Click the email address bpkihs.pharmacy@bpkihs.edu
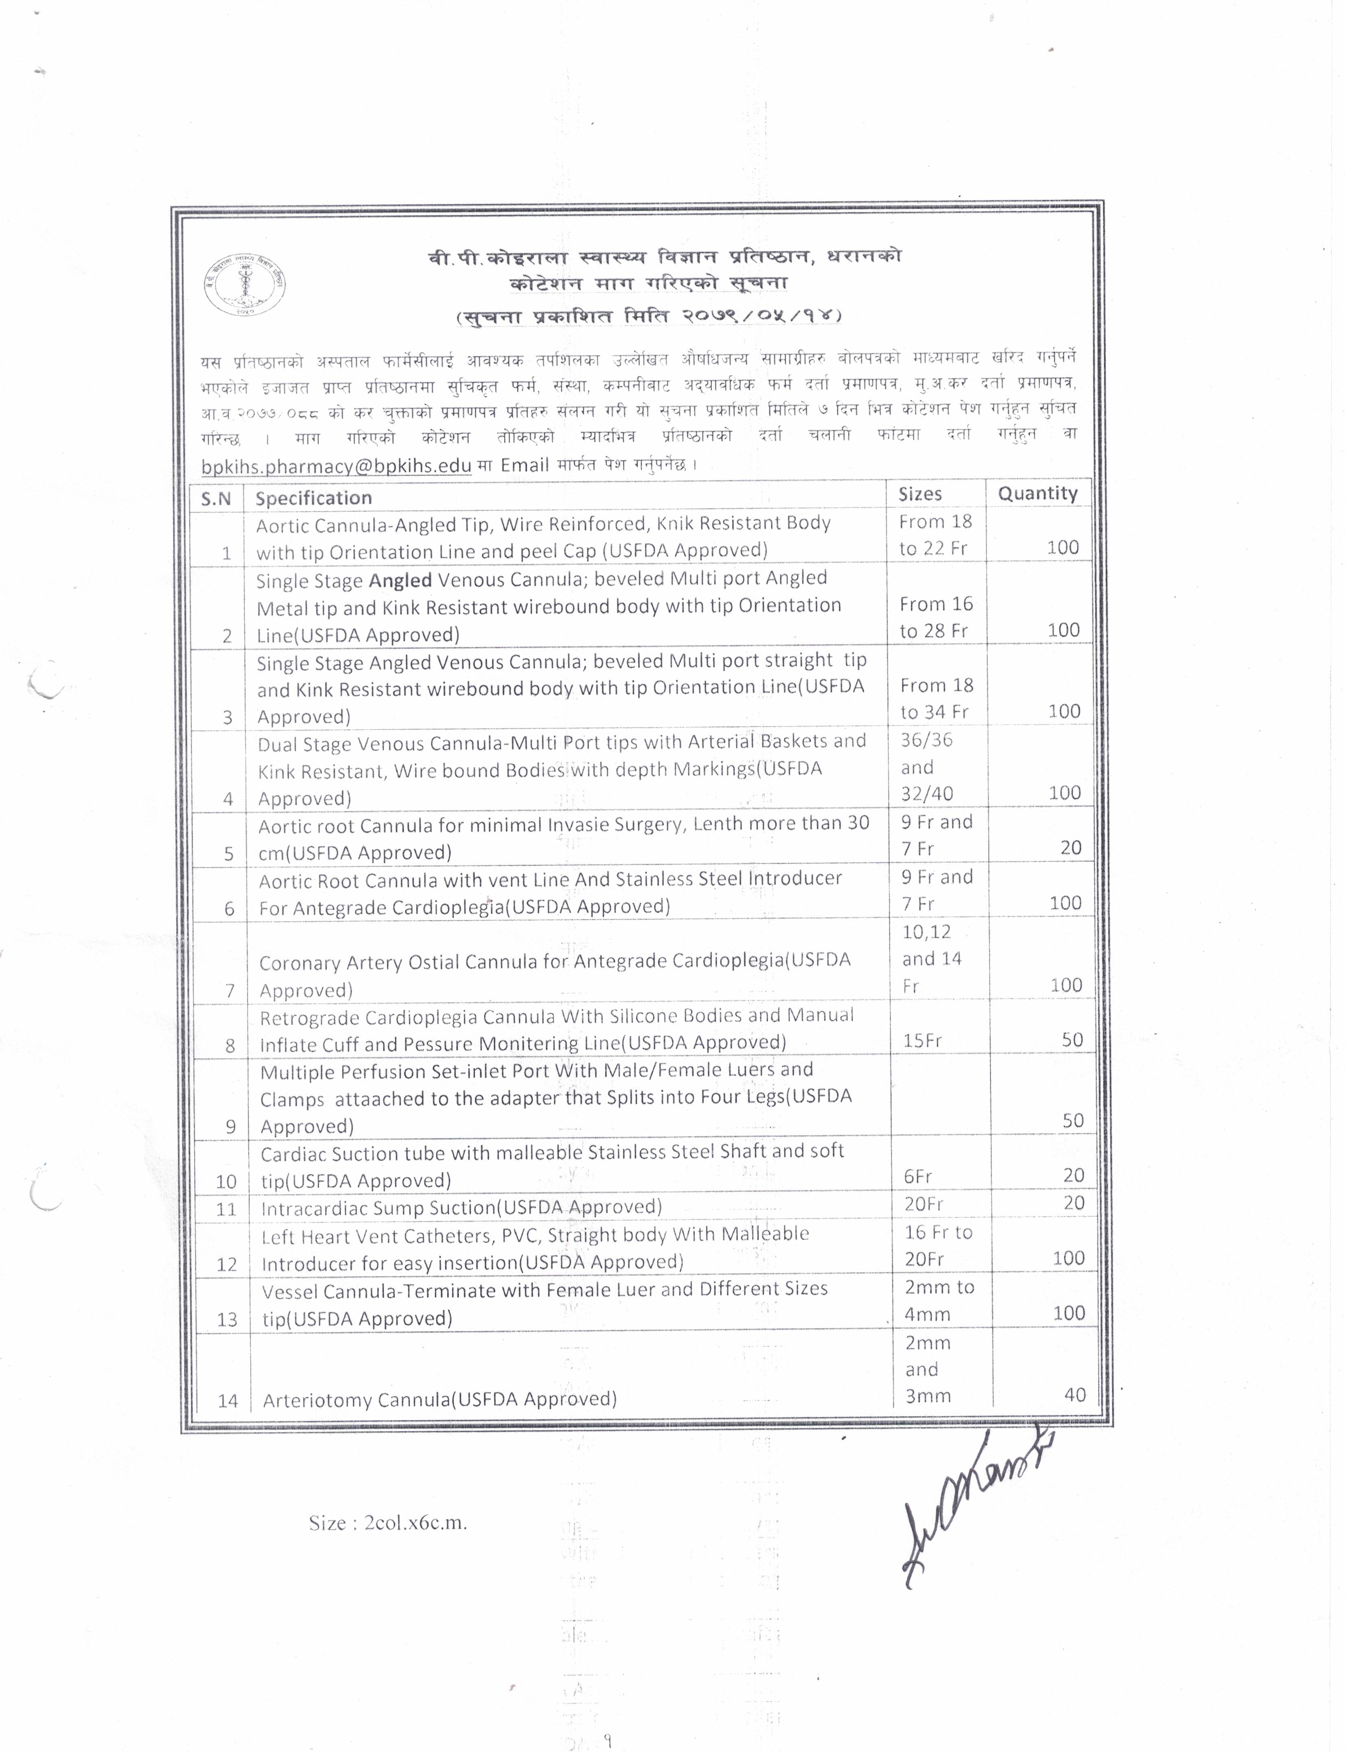pos(336,466)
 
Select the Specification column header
pos(314,498)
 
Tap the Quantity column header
pos(1037,493)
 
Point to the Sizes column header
pos(920,494)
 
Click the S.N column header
pos(216,499)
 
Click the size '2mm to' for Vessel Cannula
pos(939,1287)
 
